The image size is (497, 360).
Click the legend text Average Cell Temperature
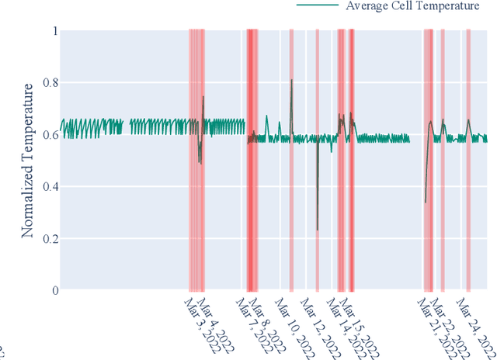click(x=413, y=7)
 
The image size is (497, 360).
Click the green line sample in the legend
click(x=318, y=6)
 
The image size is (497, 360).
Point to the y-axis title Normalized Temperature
click(x=28, y=161)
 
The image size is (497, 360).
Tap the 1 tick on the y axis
click(x=54, y=31)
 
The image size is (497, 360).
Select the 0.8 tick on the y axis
click(x=48, y=83)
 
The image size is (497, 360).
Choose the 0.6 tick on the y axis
click(x=48, y=135)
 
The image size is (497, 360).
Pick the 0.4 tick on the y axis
click(x=48, y=187)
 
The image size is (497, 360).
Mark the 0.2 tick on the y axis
click(x=48, y=238)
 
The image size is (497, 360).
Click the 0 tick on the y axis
click(x=54, y=290)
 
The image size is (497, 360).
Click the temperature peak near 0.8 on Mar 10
click(x=292, y=80)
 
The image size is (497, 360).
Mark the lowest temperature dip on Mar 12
click(x=317, y=230)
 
